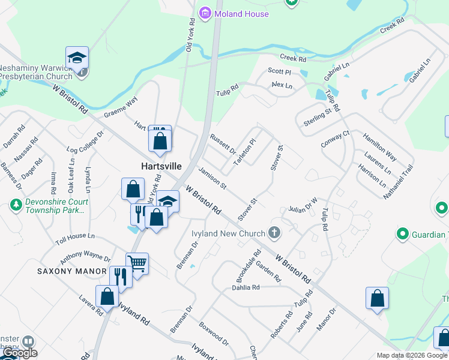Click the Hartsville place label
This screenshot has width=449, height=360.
click(160, 166)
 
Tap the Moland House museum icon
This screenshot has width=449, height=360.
click(205, 12)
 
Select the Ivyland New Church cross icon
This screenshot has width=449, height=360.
click(274, 233)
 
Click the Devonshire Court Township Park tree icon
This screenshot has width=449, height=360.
click(16, 205)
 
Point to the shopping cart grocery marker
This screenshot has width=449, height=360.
click(137, 263)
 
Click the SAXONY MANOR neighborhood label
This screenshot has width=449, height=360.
click(71, 271)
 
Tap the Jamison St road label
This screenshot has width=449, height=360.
click(212, 179)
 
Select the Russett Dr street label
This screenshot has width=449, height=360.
click(223, 145)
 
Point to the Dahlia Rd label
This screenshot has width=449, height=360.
click(246, 287)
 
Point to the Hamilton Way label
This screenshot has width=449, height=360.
click(379, 146)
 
